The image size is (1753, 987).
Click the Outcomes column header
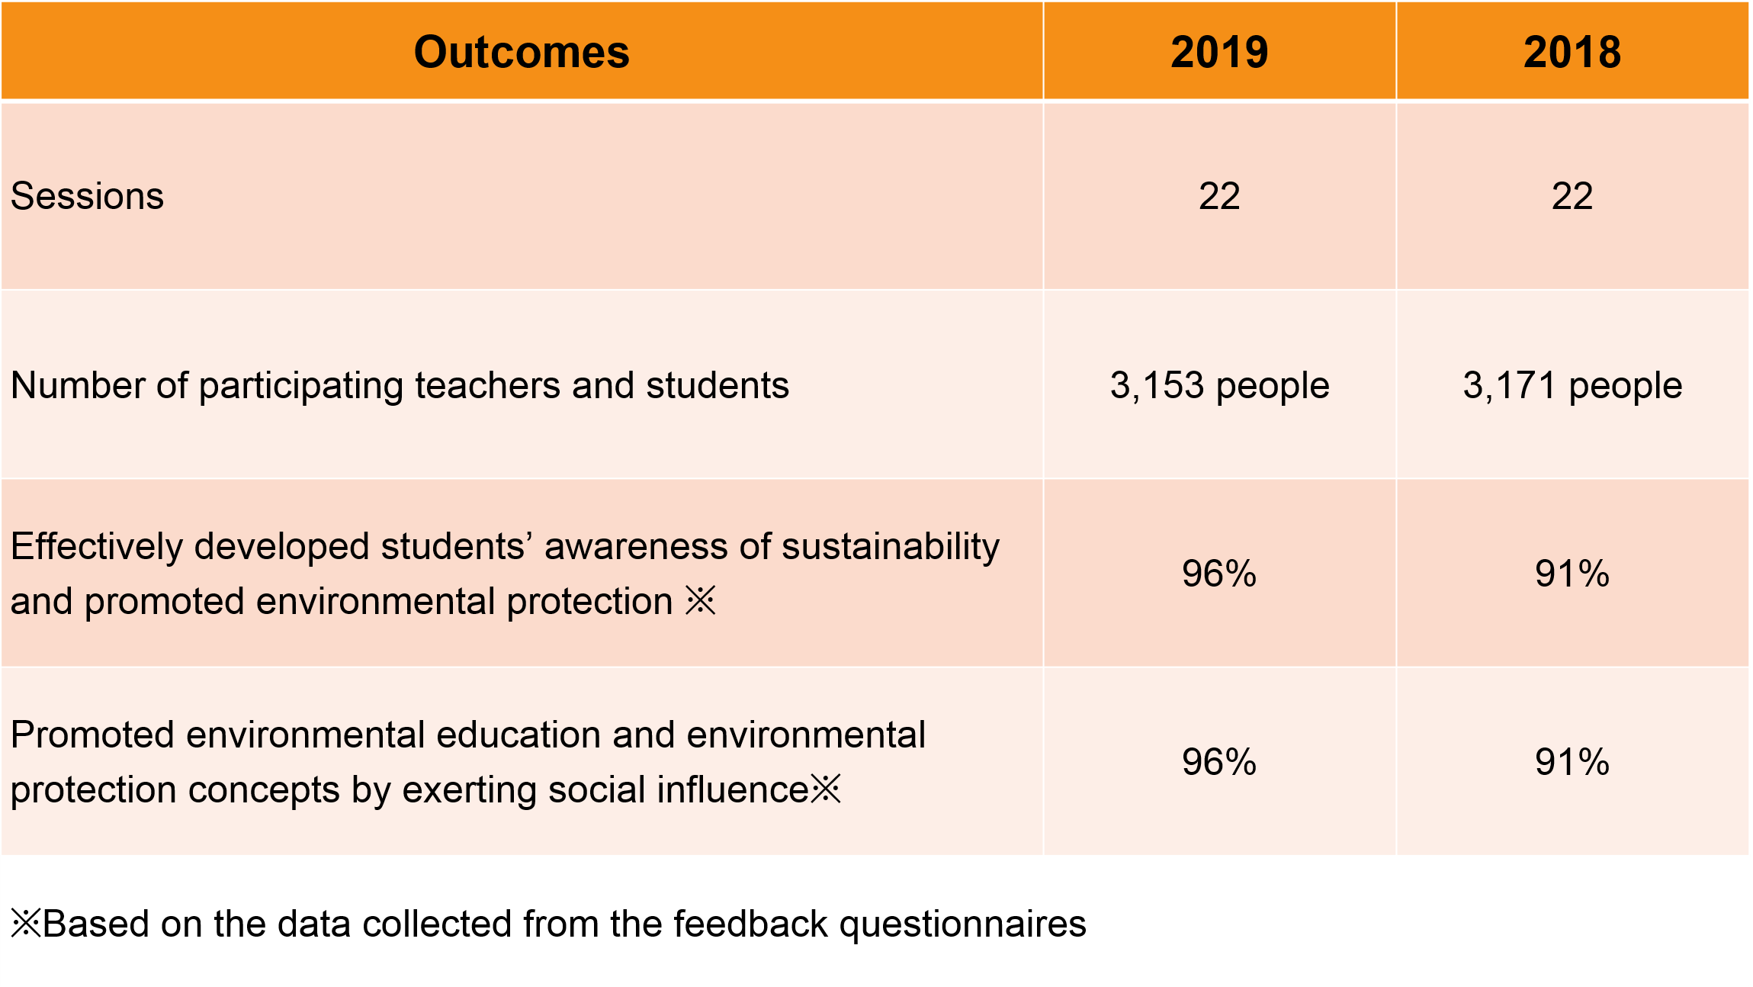[x=522, y=52]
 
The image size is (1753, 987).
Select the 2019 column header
[x=1219, y=52]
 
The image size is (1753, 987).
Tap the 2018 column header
[x=1572, y=52]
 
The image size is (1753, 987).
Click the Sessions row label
[x=87, y=196]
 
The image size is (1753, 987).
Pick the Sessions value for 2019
[x=1219, y=196]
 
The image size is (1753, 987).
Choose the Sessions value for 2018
[x=1572, y=196]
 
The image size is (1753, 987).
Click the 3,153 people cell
[x=1219, y=385]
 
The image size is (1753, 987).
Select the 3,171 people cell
[x=1572, y=385]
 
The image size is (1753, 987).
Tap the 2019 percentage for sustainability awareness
[x=1219, y=574]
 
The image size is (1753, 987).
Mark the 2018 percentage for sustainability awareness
[x=1572, y=574]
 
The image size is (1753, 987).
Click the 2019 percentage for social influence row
[x=1219, y=762]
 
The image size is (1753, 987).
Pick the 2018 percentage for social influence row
[x=1572, y=762]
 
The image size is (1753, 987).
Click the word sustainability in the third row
[x=891, y=548]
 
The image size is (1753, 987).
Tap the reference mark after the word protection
[x=701, y=600]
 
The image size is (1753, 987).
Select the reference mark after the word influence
[x=826, y=789]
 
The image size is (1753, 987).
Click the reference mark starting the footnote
[x=27, y=923]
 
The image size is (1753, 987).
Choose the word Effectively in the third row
[x=97, y=548]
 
